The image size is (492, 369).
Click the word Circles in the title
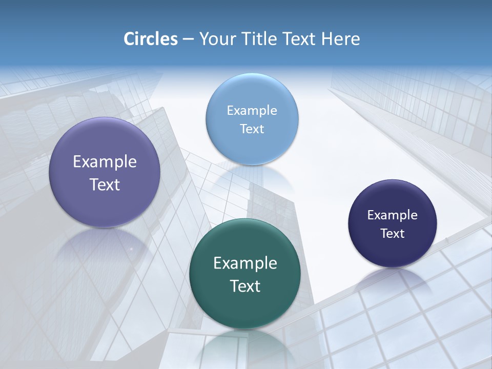click(151, 39)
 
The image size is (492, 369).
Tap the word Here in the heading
click(340, 39)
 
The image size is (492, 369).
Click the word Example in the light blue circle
click(252, 111)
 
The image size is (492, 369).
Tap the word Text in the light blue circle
click(252, 129)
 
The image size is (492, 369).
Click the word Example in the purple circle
click(105, 162)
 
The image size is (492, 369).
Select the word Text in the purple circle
click(105, 184)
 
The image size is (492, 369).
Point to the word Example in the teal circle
click(245, 263)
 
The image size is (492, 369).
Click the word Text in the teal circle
click(245, 286)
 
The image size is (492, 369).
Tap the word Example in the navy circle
click(393, 215)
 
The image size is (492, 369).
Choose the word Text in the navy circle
click(393, 234)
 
